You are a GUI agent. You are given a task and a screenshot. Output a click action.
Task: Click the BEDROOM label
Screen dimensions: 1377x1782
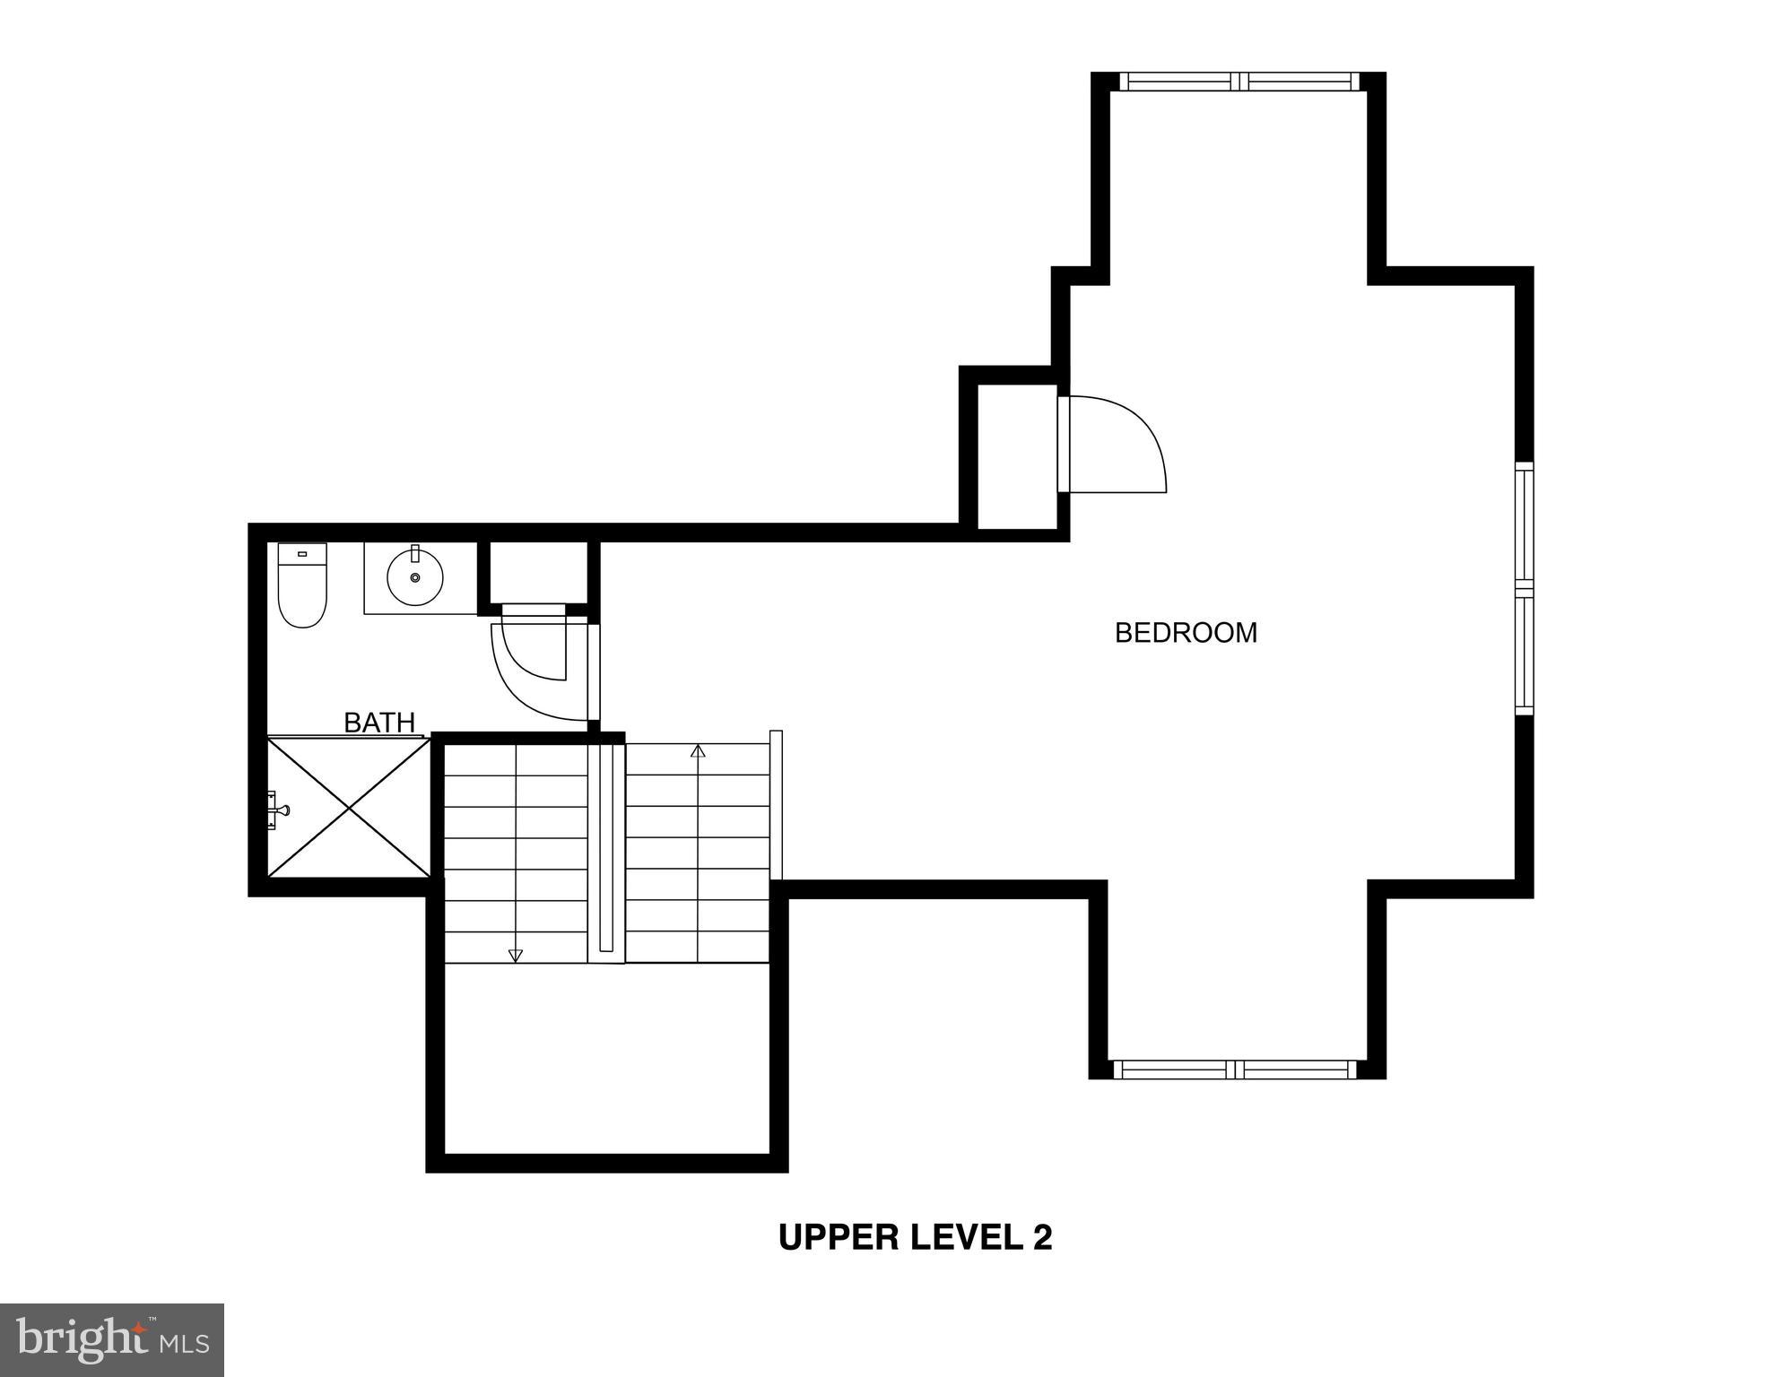coord(1186,633)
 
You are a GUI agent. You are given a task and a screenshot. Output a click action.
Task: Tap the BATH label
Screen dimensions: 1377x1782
coord(379,723)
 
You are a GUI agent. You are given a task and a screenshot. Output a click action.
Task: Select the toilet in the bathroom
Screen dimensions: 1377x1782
coord(302,586)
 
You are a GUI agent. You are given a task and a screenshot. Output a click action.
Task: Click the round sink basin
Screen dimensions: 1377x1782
coord(415,577)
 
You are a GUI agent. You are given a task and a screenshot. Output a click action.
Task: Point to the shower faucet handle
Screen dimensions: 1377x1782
coord(279,810)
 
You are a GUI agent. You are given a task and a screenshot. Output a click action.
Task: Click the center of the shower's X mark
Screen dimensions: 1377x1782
coord(350,807)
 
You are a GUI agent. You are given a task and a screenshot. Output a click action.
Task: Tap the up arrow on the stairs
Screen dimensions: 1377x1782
coord(698,751)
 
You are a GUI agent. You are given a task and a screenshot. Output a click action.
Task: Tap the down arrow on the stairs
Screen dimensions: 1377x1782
coord(515,955)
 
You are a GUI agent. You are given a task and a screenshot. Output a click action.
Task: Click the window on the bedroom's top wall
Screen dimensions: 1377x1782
coord(1239,82)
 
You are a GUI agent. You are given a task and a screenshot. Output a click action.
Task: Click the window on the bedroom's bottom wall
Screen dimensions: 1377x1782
coord(1235,1069)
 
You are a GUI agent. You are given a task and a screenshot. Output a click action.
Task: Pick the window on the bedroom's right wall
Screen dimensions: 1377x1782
coord(1524,588)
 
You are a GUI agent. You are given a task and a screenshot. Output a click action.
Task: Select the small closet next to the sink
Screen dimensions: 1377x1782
coord(538,572)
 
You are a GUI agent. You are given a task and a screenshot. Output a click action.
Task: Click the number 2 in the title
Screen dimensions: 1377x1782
coord(1042,1237)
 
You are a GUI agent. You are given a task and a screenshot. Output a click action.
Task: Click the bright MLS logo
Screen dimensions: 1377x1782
coord(112,1339)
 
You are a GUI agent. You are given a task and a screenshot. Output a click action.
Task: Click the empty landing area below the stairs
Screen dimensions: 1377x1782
coord(607,1058)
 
